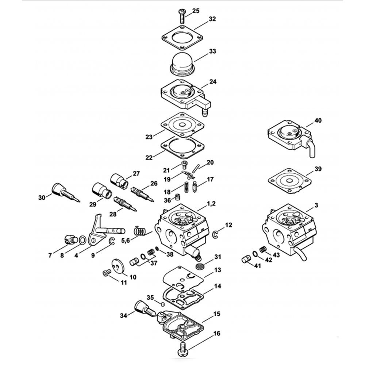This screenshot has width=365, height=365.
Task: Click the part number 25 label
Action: [196, 11]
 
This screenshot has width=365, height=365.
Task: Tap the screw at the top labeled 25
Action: [181, 15]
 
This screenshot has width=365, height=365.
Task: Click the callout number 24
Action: [213, 82]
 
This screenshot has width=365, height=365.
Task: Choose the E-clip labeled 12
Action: [216, 234]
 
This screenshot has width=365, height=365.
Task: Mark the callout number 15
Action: [217, 314]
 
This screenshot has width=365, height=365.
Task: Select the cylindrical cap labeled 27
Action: [118, 180]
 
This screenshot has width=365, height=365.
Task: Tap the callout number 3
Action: [316, 205]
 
